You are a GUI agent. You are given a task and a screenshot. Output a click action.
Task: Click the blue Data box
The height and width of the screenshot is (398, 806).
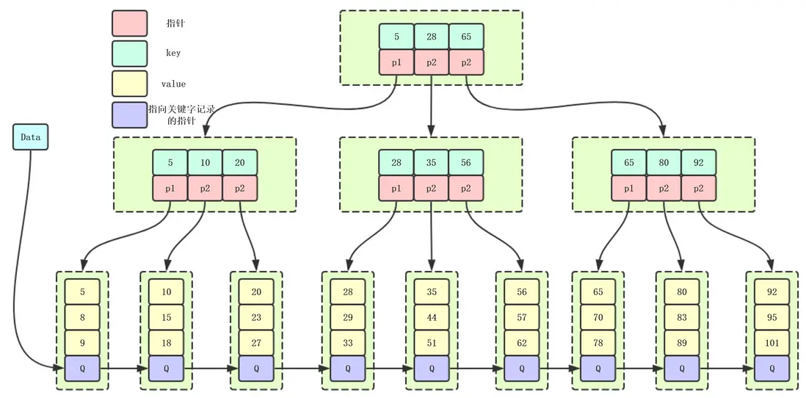tap(30, 137)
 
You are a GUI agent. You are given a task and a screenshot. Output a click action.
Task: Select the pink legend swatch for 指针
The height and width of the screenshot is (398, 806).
tap(129, 23)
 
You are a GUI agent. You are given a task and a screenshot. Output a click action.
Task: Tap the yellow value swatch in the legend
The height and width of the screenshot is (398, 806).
tap(129, 84)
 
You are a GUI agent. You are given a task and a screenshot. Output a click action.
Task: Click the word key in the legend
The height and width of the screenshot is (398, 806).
tap(174, 54)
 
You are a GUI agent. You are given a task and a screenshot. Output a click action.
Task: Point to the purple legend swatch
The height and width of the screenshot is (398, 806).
tap(129, 115)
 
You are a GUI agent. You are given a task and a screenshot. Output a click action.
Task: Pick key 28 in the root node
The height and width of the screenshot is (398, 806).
tap(431, 36)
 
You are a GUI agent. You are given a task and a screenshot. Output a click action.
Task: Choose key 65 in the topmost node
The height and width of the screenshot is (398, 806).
tap(466, 36)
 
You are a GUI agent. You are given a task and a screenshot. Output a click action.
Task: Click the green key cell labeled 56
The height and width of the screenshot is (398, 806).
tap(466, 162)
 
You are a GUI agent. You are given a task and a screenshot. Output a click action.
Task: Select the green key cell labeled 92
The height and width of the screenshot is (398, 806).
tap(698, 162)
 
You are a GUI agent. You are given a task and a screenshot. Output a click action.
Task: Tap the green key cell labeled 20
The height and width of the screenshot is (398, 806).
tap(240, 162)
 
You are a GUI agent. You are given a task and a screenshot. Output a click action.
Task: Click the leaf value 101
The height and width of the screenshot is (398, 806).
tap(771, 341)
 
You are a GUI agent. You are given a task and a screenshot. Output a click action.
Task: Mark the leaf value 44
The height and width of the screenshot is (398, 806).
tap(432, 317)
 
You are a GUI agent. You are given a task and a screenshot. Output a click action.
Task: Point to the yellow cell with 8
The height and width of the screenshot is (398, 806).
tap(82, 317)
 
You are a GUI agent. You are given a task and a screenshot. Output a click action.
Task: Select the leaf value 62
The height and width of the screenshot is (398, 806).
tap(522, 341)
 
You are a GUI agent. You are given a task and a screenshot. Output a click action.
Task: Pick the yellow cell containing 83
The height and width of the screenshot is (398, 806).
tap(682, 317)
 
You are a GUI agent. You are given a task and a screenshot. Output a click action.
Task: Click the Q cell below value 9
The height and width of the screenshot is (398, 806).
tap(82, 368)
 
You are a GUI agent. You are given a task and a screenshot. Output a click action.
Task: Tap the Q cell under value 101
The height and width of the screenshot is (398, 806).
tap(771, 368)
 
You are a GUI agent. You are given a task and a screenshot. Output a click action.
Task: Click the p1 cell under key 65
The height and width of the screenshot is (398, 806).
tap(628, 188)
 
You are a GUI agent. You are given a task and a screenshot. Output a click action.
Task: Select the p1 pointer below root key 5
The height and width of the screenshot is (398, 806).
tap(396, 62)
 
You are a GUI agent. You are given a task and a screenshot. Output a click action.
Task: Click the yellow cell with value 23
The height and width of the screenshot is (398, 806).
tap(256, 317)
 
